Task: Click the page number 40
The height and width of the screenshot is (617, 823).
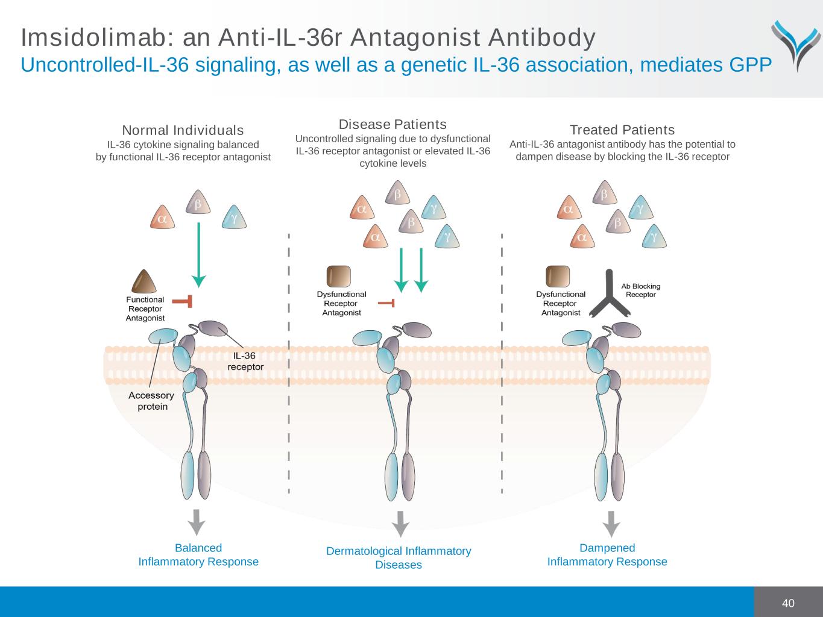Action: click(788, 603)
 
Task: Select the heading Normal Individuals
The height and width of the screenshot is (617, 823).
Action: click(183, 130)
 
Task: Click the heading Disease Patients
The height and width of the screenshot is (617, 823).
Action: click(393, 124)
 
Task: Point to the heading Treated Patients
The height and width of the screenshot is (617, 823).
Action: click(622, 130)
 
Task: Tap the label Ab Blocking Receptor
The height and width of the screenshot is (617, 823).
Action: click(640, 290)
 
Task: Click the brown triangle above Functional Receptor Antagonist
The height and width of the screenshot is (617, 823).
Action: click(143, 281)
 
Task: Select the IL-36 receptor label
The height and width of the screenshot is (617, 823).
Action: click(245, 361)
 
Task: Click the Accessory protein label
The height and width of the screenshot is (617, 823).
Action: click(151, 401)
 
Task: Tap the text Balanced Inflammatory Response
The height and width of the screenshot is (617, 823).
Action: click(198, 555)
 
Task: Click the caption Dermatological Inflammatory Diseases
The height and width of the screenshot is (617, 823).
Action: click(399, 558)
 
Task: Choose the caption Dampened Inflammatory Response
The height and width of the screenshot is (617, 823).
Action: click(607, 555)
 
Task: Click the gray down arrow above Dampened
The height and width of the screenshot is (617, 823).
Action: click(611, 524)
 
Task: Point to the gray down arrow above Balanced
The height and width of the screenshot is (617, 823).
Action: click(197, 522)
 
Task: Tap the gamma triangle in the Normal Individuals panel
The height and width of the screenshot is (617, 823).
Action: click(234, 218)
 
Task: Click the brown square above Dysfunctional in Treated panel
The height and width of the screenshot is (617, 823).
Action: click(557, 277)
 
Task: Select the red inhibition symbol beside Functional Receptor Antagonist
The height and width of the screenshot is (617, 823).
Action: click(183, 301)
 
